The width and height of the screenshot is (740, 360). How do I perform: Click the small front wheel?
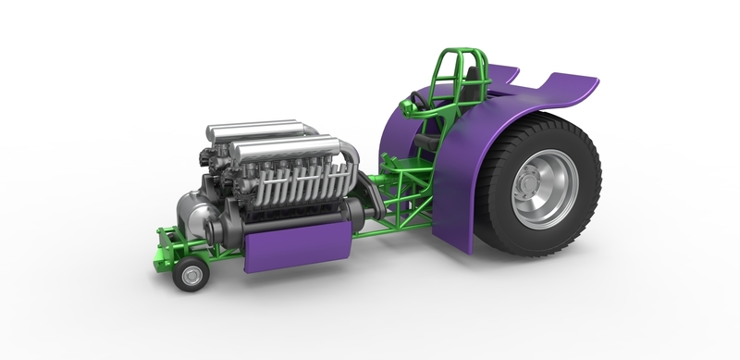pos(192,276)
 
